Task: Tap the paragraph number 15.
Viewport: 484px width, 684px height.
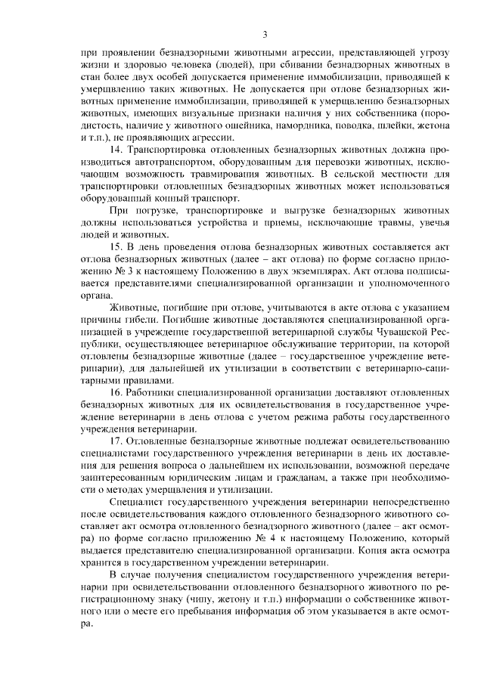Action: point(116,246)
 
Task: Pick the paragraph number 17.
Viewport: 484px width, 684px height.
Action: point(116,440)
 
